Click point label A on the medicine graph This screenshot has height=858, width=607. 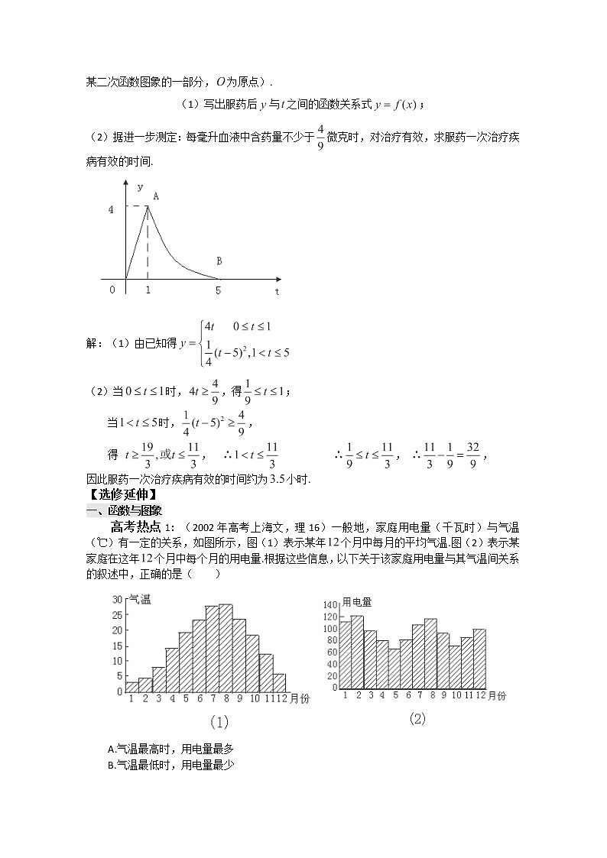[x=156, y=196]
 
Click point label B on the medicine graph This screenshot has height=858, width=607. [x=219, y=261]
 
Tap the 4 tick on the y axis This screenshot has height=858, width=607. [x=111, y=208]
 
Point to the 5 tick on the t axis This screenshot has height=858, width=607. [x=218, y=290]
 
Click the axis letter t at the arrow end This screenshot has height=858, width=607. [x=277, y=291]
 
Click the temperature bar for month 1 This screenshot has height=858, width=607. [x=132, y=686]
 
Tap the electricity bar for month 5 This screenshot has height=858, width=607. [x=394, y=668]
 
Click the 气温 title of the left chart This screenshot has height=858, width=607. [x=139, y=600]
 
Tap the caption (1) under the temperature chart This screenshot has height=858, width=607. [x=218, y=722]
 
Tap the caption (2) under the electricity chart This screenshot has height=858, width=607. [x=417, y=718]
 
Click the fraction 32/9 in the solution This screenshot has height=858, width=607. [x=472, y=455]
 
